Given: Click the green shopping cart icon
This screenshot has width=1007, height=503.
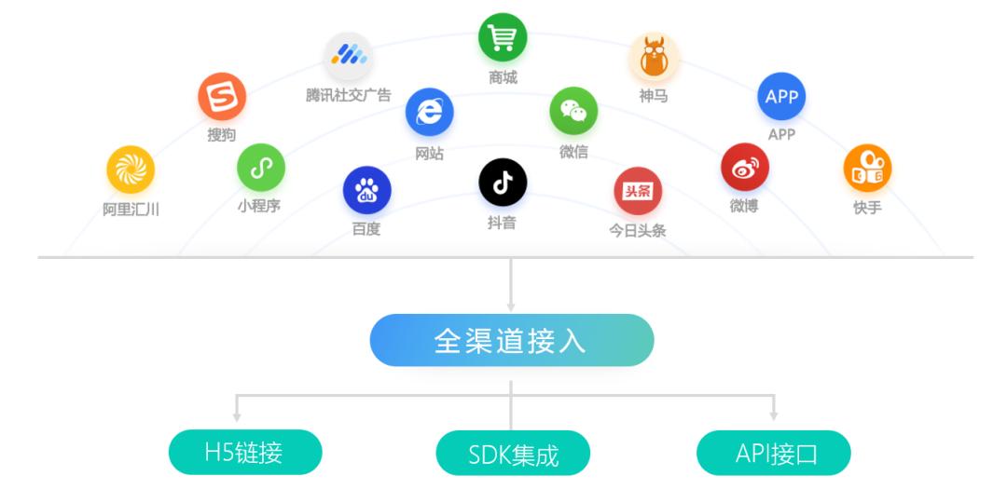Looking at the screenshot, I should tap(503, 38).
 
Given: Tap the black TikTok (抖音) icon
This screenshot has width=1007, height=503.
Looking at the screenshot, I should tap(503, 183).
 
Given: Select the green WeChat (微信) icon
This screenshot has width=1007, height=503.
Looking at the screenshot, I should tap(573, 112).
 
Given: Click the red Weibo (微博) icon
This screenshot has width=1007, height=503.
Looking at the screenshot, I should tap(744, 168).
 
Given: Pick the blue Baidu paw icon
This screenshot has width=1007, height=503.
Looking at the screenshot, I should tap(366, 191).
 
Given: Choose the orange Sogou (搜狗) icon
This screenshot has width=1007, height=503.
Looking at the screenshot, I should tap(222, 97).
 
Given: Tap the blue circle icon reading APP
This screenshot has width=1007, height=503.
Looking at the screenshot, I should tap(781, 97).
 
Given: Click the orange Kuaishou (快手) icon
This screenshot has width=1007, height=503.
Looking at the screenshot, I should tap(867, 170).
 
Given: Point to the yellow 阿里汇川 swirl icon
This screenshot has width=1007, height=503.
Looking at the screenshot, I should tap(131, 170).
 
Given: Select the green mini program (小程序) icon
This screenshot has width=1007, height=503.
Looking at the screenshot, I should tap(260, 168).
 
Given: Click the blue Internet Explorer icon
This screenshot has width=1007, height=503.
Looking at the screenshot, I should tap(429, 113).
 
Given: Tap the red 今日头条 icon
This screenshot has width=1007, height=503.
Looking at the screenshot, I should tap(637, 191).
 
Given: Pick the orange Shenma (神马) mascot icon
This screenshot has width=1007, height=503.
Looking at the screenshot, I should tap(653, 57).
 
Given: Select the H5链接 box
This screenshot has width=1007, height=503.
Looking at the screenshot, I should tap(244, 453).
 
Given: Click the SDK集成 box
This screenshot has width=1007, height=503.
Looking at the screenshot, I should tap(513, 455).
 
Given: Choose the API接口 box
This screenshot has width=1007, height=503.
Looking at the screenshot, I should tap(774, 454).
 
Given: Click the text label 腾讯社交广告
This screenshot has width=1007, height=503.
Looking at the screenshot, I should tap(349, 95).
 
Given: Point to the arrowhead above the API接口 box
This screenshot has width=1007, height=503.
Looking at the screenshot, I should tap(774, 414).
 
